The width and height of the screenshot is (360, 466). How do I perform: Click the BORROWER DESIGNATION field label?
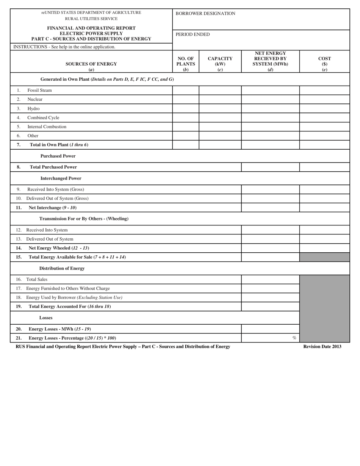[x=205, y=14]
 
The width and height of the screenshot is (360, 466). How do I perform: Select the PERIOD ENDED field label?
[x=193, y=34]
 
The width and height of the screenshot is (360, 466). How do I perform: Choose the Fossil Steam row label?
[x=39, y=91]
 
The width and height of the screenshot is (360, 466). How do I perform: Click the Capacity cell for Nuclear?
[x=220, y=100]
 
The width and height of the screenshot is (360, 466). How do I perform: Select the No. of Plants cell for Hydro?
[x=186, y=109]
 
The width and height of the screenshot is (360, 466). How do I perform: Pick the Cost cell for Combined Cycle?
[x=324, y=118]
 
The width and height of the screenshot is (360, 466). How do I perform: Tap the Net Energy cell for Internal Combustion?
[x=270, y=127]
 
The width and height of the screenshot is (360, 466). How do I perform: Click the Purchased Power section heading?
[x=58, y=156]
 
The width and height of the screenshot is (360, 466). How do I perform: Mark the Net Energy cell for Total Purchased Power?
[x=270, y=167]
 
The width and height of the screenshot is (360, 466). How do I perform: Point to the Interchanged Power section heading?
[x=61, y=178]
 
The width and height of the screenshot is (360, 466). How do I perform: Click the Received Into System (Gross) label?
[x=55, y=189]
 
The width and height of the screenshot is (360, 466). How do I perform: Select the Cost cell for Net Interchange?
[x=324, y=208]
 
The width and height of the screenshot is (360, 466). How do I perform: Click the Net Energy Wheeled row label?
[x=59, y=248]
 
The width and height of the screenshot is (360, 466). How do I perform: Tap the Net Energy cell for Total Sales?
[x=270, y=280]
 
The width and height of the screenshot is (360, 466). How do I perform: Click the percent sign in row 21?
[x=294, y=338]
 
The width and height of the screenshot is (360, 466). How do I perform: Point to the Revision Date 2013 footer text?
[x=322, y=347]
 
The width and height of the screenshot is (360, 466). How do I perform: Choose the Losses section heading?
[x=46, y=318]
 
